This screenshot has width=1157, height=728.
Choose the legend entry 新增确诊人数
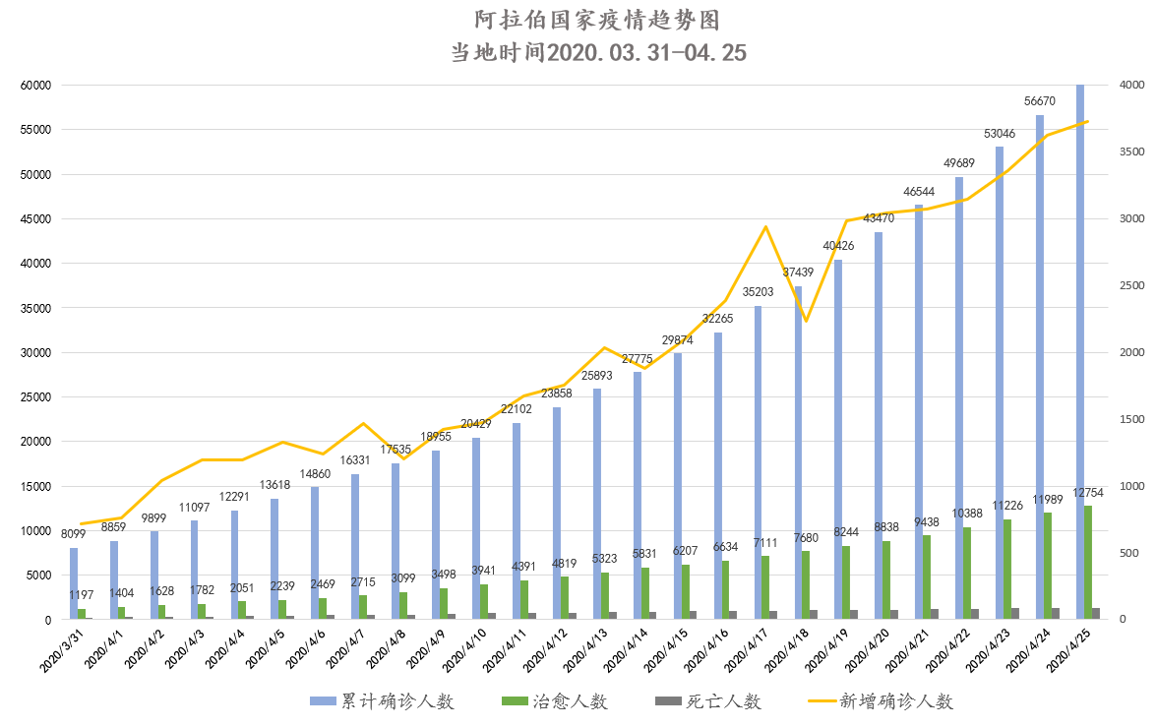point(895,700)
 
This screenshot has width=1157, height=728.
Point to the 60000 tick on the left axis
point(35,86)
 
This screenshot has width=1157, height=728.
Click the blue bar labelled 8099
point(74,585)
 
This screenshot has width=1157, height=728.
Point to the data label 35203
point(758,292)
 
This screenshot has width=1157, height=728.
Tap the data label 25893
point(597,375)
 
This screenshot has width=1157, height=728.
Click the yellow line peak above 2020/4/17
point(765,227)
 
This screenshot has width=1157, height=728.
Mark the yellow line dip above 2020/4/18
point(806,321)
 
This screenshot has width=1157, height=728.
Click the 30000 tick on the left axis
point(35,352)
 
